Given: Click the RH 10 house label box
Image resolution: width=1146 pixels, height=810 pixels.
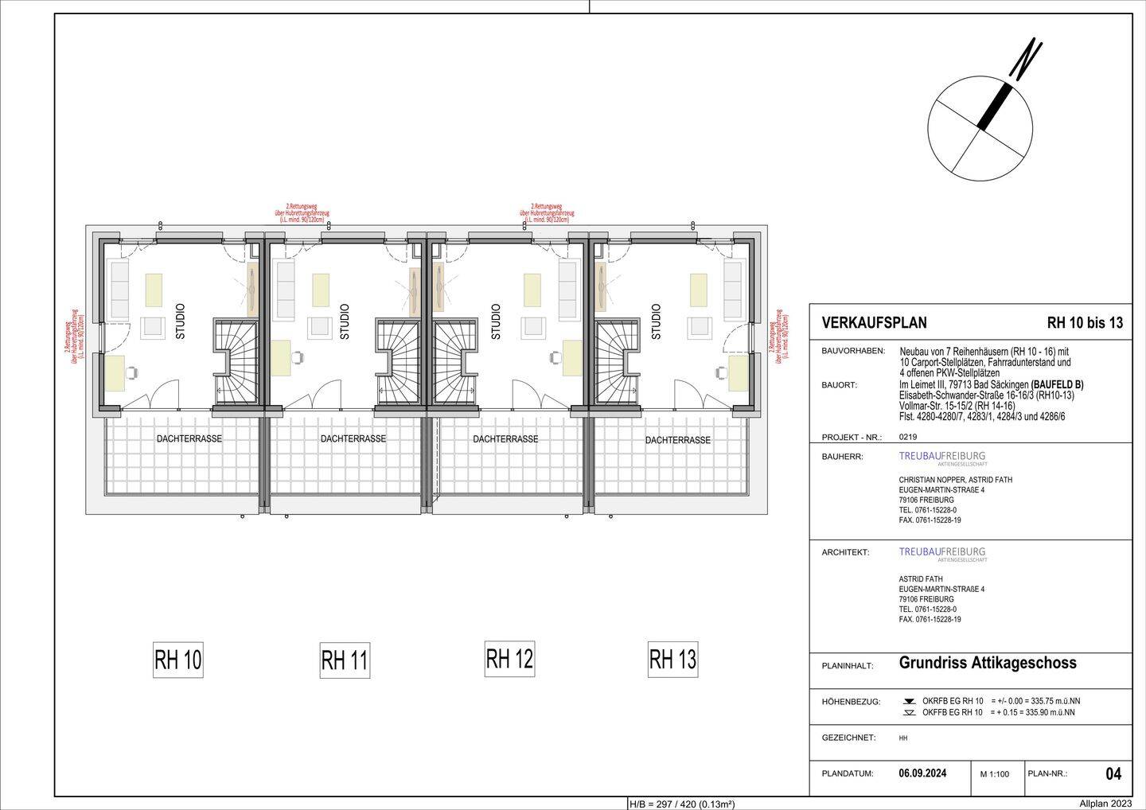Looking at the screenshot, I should pyautogui.click(x=178, y=660).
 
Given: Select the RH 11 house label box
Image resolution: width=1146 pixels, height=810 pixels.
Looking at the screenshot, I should pyautogui.click(x=344, y=660).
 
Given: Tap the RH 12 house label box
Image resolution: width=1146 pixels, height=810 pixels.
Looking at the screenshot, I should pyautogui.click(x=509, y=658).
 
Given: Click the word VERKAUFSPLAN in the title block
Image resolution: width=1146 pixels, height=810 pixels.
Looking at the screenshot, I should pyautogui.click(x=874, y=323).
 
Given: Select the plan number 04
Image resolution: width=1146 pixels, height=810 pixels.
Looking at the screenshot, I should pyautogui.click(x=1113, y=773).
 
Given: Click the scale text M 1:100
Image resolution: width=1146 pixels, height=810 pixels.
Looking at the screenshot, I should pyautogui.click(x=995, y=773).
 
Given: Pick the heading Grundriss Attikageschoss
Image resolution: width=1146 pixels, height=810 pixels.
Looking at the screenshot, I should pyautogui.click(x=987, y=663).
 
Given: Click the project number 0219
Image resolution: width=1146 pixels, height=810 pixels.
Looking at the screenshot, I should pyautogui.click(x=907, y=437).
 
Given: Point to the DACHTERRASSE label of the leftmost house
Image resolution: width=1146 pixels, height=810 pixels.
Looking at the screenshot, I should pyautogui.click(x=189, y=438).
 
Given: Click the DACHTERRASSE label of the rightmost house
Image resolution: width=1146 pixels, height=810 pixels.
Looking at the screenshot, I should pyautogui.click(x=678, y=440).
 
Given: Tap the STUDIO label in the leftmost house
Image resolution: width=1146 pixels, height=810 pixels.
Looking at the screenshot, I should pyautogui.click(x=180, y=321).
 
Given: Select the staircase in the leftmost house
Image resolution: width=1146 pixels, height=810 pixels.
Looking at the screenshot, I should pyautogui.click(x=236, y=360).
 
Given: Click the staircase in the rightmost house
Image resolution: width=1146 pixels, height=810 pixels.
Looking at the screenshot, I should pyautogui.click(x=614, y=360).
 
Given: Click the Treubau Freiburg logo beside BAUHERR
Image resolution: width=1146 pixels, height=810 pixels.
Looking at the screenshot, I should pyautogui.click(x=942, y=458).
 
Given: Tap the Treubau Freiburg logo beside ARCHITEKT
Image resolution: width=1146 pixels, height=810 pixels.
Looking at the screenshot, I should pyautogui.click(x=942, y=553).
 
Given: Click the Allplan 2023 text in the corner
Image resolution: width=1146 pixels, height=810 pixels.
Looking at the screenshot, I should pyautogui.click(x=1105, y=804).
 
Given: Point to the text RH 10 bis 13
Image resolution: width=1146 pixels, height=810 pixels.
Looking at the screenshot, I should pyautogui.click(x=1085, y=323).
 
